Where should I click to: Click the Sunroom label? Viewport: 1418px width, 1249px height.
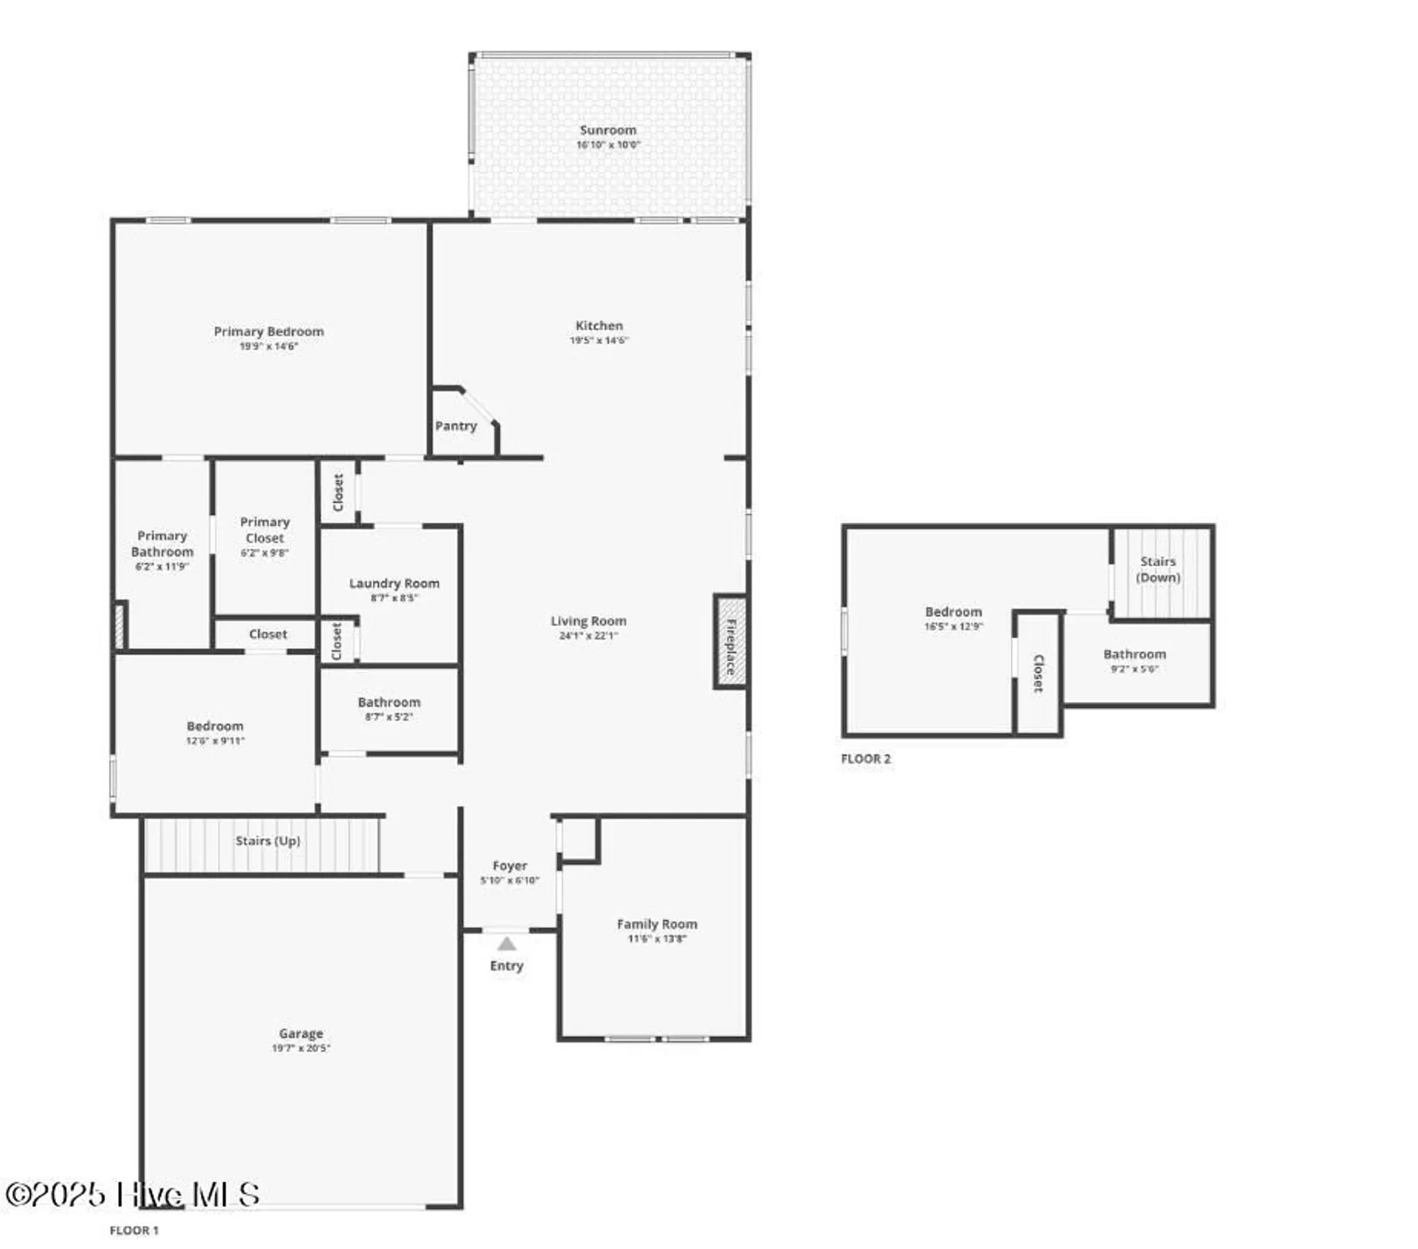tap(607, 130)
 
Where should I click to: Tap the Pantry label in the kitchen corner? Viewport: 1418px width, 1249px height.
tap(456, 425)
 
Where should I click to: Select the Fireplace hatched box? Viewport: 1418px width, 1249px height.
tap(730, 642)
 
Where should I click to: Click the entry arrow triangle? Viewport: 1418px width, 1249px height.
tap(507, 943)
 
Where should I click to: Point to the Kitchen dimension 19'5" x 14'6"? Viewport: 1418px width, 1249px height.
tap(599, 340)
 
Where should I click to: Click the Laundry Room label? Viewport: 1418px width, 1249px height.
tap(394, 583)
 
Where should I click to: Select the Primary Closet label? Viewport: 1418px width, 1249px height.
tap(265, 530)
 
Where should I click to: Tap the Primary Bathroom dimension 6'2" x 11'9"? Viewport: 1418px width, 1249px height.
tap(162, 566)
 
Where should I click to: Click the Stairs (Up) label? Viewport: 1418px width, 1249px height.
tap(267, 840)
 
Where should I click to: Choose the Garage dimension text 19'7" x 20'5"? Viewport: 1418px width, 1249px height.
tap(301, 1047)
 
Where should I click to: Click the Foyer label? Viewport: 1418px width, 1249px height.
tap(510, 865)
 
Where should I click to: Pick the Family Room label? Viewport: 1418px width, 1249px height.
tap(657, 923)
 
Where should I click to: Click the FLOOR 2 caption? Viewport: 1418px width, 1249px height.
tap(866, 759)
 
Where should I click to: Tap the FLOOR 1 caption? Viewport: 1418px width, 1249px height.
tap(133, 1230)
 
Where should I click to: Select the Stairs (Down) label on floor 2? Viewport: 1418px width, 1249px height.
tap(1158, 569)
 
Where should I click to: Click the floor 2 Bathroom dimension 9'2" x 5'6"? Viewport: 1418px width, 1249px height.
tap(1134, 669)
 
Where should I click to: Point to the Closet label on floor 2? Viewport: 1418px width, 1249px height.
tap(1038, 673)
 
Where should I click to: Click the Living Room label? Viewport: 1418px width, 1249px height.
tap(588, 620)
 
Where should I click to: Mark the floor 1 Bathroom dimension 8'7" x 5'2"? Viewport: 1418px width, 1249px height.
tap(389, 716)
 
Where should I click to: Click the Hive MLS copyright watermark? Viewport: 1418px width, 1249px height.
tap(133, 1194)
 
